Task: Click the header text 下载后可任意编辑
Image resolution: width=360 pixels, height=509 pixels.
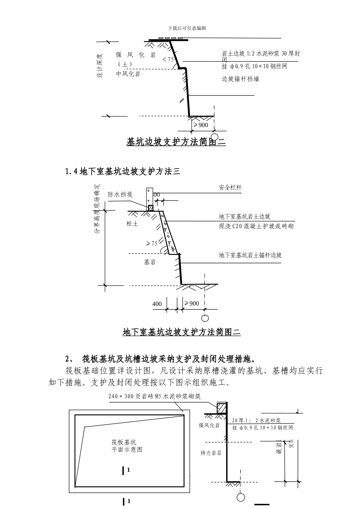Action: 187,28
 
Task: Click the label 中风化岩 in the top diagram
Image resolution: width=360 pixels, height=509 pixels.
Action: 128,74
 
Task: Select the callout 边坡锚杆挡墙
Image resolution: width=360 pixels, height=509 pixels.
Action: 240,79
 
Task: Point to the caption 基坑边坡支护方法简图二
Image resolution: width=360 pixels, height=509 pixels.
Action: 176,142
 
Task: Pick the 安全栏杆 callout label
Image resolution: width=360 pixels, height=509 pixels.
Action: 230,187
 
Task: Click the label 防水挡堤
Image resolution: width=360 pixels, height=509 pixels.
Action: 120,194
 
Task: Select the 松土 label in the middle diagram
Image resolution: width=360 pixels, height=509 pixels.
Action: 132,224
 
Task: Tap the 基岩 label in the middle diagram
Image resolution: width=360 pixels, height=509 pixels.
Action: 149,262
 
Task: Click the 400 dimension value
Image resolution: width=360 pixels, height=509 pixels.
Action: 157,304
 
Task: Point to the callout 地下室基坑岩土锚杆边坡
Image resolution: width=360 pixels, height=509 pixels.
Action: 250,255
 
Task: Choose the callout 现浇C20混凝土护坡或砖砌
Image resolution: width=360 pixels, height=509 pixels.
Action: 256,226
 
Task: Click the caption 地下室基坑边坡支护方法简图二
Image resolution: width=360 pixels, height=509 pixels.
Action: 182,332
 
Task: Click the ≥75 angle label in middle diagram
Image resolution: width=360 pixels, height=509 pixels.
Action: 152,244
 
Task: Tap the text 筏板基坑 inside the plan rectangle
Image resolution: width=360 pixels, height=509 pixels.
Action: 124,442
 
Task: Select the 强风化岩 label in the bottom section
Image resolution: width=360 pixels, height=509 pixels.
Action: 209,425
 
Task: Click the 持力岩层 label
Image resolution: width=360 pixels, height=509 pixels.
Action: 211,453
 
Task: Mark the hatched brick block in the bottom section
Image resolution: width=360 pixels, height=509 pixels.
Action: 221,408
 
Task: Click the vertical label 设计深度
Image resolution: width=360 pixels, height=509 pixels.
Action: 100,65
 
